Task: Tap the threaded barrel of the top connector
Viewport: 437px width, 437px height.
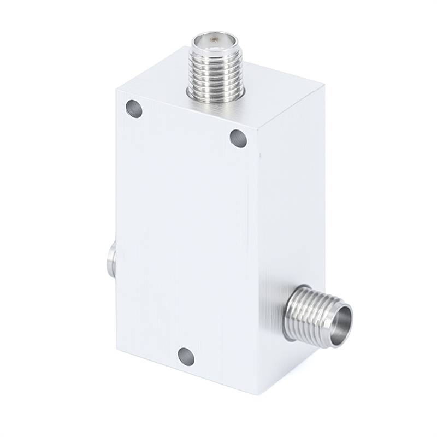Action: [215, 71]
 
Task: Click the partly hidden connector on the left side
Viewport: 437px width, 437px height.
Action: [111, 260]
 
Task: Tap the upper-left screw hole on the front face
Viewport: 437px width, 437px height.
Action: [134, 109]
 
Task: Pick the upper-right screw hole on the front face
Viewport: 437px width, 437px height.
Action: [238, 138]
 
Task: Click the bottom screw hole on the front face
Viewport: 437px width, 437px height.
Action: [186, 356]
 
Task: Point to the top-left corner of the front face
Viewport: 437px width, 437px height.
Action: [117, 87]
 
